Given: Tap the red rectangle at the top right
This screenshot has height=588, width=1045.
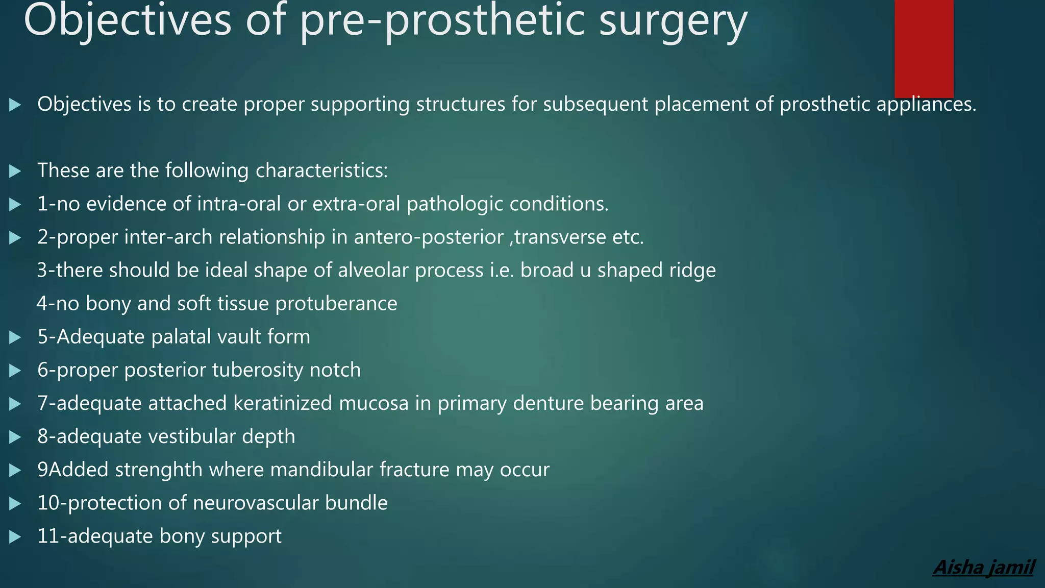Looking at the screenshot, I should [924, 48].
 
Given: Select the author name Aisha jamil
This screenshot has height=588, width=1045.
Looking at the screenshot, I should [983, 567].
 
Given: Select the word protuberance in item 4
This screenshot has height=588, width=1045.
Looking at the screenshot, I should [336, 304].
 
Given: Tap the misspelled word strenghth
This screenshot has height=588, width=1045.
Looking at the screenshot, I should [159, 470].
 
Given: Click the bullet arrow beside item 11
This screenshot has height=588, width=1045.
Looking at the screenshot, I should [15, 537].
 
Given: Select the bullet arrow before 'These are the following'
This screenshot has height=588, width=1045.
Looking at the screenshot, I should [15, 171].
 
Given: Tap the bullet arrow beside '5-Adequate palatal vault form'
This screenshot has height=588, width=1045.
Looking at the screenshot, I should [15, 337].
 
